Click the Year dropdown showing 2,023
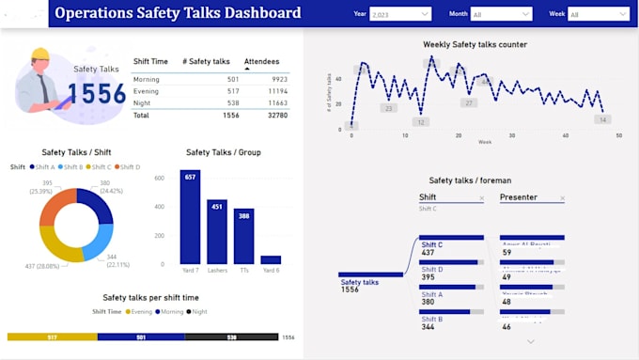400,14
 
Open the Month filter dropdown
501,14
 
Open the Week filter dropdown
598,14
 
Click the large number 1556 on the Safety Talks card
96,93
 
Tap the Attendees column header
261,62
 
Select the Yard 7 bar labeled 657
191,217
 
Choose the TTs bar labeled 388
243,236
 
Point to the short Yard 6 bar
271,259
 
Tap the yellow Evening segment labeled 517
52,337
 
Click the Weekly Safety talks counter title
475,44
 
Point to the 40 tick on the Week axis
566,135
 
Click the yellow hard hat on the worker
39,54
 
